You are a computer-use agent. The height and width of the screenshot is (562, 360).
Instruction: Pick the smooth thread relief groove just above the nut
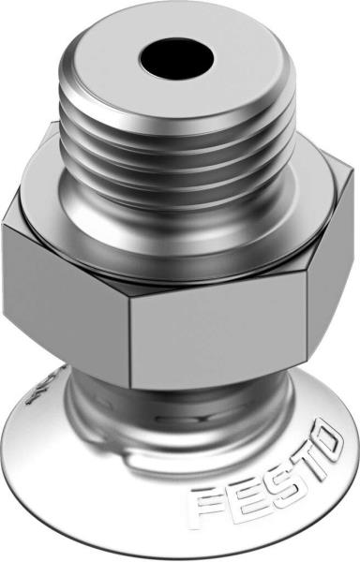pos(178,229)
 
